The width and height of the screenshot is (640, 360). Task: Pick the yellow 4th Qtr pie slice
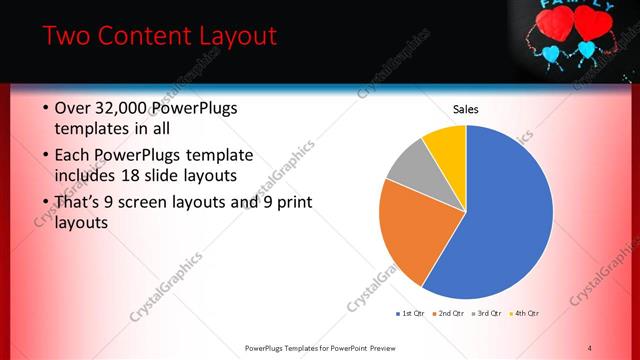[446, 148]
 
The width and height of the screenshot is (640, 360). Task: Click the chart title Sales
[466, 109]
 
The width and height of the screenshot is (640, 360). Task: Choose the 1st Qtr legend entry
[410, 314]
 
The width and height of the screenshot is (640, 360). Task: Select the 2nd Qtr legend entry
[448, 314]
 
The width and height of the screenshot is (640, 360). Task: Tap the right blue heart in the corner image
[587, 48]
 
